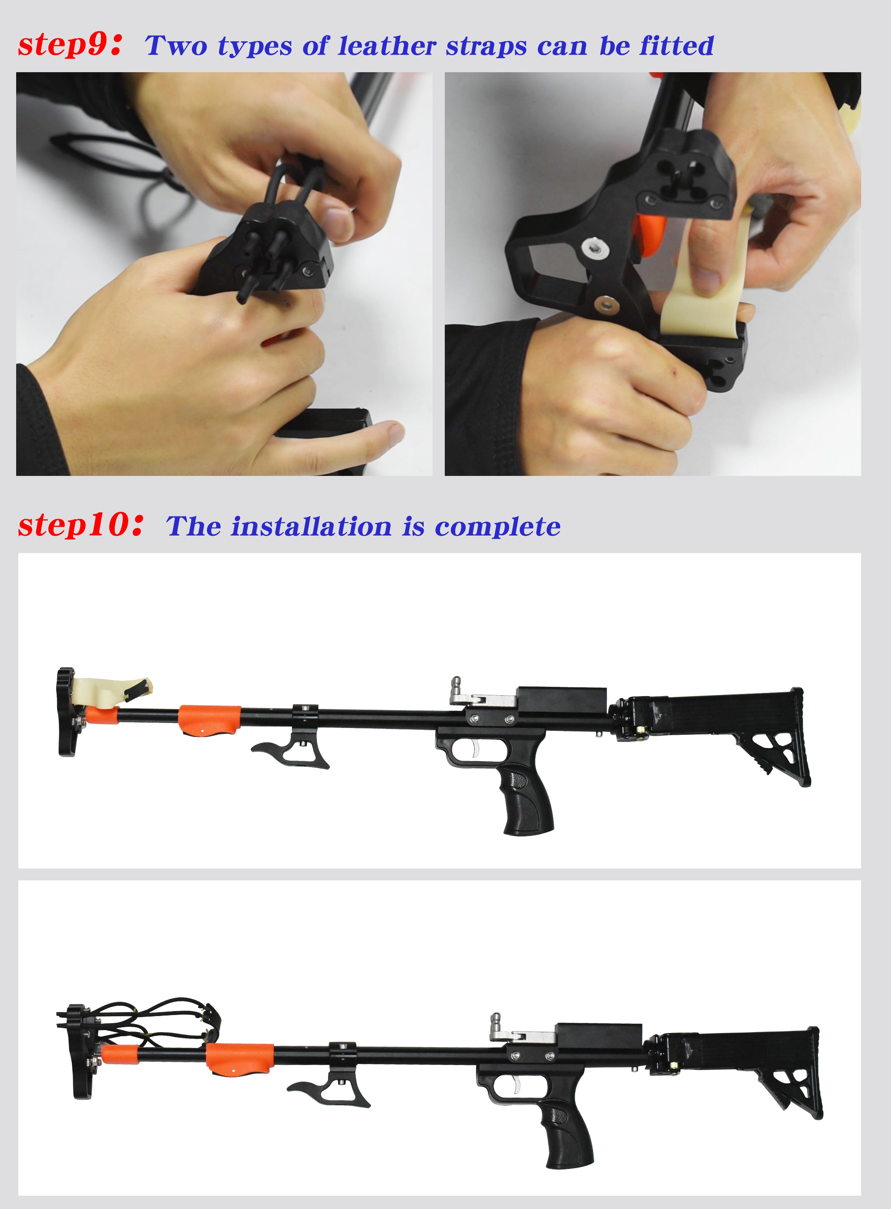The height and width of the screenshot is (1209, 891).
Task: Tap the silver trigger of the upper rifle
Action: [x=475, y=747]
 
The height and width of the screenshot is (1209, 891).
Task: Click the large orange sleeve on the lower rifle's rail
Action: [x=240, y=1059]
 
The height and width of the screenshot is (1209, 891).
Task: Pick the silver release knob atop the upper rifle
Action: [x=456, y=686]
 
